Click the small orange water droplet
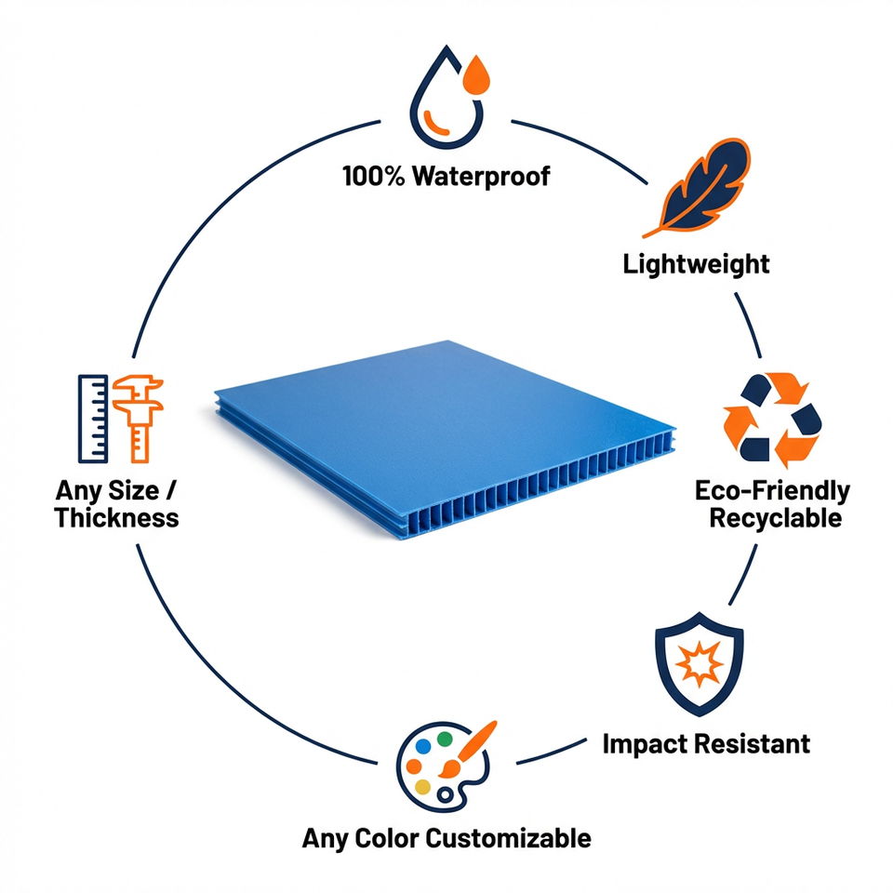click(x=476, y=75)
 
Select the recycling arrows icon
click(x=772, y=420)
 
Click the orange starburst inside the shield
click(x=699, y=664)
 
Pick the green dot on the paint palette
click(x=445, y=740)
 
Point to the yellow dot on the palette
click(x=422, y=787)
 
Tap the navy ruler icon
click(x=93, y=419)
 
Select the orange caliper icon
click(x=139, y=418)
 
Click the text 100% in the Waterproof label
click(x=374, y=176)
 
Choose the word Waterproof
click(x=481, y=177)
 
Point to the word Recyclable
click(x=776, y=519)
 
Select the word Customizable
click(x=509, y=838)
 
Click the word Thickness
click(x=117, y=518)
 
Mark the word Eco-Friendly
click(x=773, y=491)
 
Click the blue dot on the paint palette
click(x=423, y=747)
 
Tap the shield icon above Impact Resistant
click(x=700, y=664)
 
